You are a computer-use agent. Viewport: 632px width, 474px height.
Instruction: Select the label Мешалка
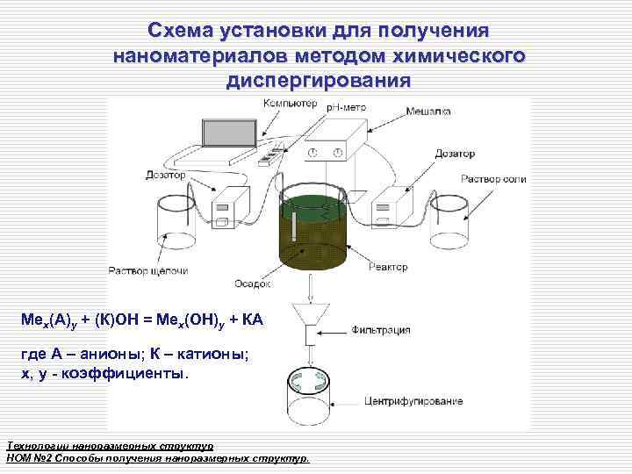pos(427,111)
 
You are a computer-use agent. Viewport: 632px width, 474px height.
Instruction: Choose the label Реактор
pos(388,267)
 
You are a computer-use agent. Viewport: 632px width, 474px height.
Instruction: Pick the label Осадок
pos(253,284)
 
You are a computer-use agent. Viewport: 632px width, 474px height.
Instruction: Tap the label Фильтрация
pos(381,331)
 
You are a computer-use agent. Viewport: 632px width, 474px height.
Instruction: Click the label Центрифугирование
pos(413,401)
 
